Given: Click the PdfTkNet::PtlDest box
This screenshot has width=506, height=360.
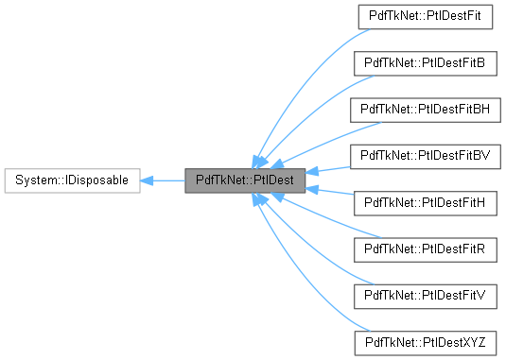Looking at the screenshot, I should click(245, 179).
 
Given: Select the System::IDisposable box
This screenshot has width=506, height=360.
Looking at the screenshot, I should click(72, 179).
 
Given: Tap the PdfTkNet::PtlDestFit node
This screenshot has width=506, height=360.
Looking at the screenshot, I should click(427, 16).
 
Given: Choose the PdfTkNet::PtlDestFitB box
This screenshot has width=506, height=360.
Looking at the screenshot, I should click(427, 62).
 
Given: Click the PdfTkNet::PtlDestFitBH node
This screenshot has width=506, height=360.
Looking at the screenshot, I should click(427, 109).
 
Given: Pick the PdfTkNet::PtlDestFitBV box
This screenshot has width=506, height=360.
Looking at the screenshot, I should click(427, 155).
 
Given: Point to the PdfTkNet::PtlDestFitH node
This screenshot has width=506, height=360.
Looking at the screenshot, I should click(427, 202).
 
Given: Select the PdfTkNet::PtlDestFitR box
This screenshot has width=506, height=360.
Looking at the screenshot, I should click(427, 249).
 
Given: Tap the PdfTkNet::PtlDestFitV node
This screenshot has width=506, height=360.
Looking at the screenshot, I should click(427, 295).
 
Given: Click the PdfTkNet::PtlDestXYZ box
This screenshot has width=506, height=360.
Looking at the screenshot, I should click(427, 341).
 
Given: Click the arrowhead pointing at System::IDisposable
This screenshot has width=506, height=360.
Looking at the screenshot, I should click(148, 179).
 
